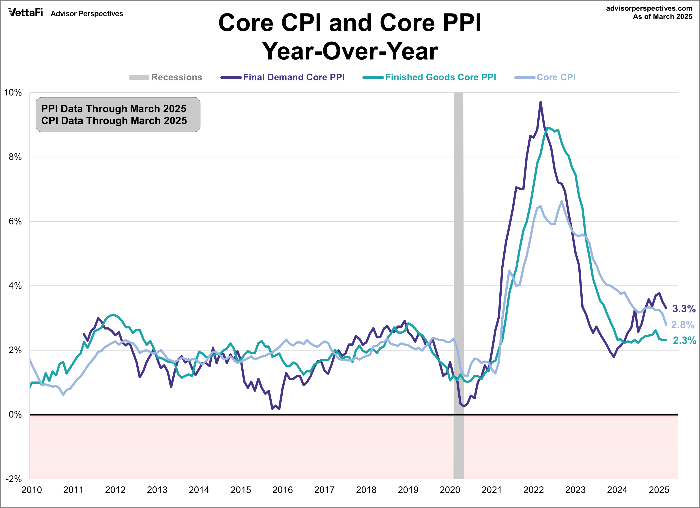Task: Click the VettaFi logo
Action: (26, 13)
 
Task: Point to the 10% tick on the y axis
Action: (13, 93)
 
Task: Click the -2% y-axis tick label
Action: (14, 479)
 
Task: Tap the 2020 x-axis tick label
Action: (450, 490)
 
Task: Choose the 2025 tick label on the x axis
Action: (659, 490)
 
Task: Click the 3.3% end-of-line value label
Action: (684, 308)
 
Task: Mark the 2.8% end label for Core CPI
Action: (683, 325)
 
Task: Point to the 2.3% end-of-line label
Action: (684, 340)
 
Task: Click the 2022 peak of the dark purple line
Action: (540, 102)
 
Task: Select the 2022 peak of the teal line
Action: (548, 127)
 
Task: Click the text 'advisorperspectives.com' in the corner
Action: (649, 8)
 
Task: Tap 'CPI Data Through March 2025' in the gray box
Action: (114, 121)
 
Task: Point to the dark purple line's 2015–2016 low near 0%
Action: (273, 409)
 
